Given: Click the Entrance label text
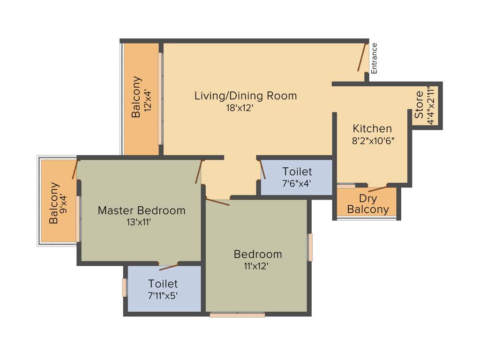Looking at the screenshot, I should pyautogui.click(x=374, y=58).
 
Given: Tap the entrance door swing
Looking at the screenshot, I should pyautogui.click(x=361, y=57).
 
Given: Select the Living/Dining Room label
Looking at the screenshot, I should pyautogui.click(x=246, y=96).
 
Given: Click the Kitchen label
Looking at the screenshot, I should pyautogui.click(x=372, y=128).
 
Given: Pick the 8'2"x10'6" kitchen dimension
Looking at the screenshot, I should pyautogui.click(x=373, y=140).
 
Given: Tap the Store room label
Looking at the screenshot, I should pyautogui.click(x=419, y=105).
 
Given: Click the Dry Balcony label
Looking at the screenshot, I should pyautogui.click(x=368, y=204).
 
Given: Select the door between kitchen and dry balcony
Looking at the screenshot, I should pyautogui.click(x=378, y=189).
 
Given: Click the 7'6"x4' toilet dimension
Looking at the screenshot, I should pyautogui.click(x=297, y=183).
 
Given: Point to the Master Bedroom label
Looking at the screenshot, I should pyautogui.click(x=141, y=211).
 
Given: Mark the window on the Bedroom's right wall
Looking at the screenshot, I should pyautogui.click(x=310, y=247).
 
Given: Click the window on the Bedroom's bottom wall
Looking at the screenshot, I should pyautogui.click(x=237, y=315).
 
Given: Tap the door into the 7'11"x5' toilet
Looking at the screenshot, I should pyautogui.click(x=168, y=267).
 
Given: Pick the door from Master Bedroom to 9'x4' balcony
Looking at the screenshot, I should pyautogui.click(x=75, y=170).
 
